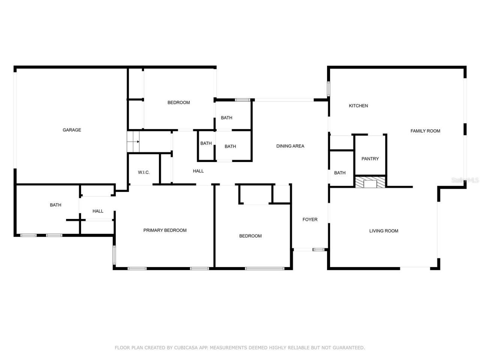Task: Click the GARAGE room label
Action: point(72,130)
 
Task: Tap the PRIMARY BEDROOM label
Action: point(165,230)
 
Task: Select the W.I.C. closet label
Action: point(144,172)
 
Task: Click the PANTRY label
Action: point(370,159)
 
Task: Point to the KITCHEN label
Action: point(358,106)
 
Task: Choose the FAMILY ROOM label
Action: point(425,131)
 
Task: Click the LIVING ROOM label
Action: point(384,231)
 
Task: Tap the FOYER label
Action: point(310,219)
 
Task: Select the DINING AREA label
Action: point(290,146)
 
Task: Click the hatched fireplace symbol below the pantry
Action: point(370,183)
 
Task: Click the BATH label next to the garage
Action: point(55,205)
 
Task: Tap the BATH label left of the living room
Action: point(340,173)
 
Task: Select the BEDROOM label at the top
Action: point(178,102)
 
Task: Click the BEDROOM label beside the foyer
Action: point(250,236)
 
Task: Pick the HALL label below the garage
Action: point(98,211)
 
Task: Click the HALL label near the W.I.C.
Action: point(198,171)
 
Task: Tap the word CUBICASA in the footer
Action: point(186,348)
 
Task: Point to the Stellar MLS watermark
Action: point(465,180)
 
